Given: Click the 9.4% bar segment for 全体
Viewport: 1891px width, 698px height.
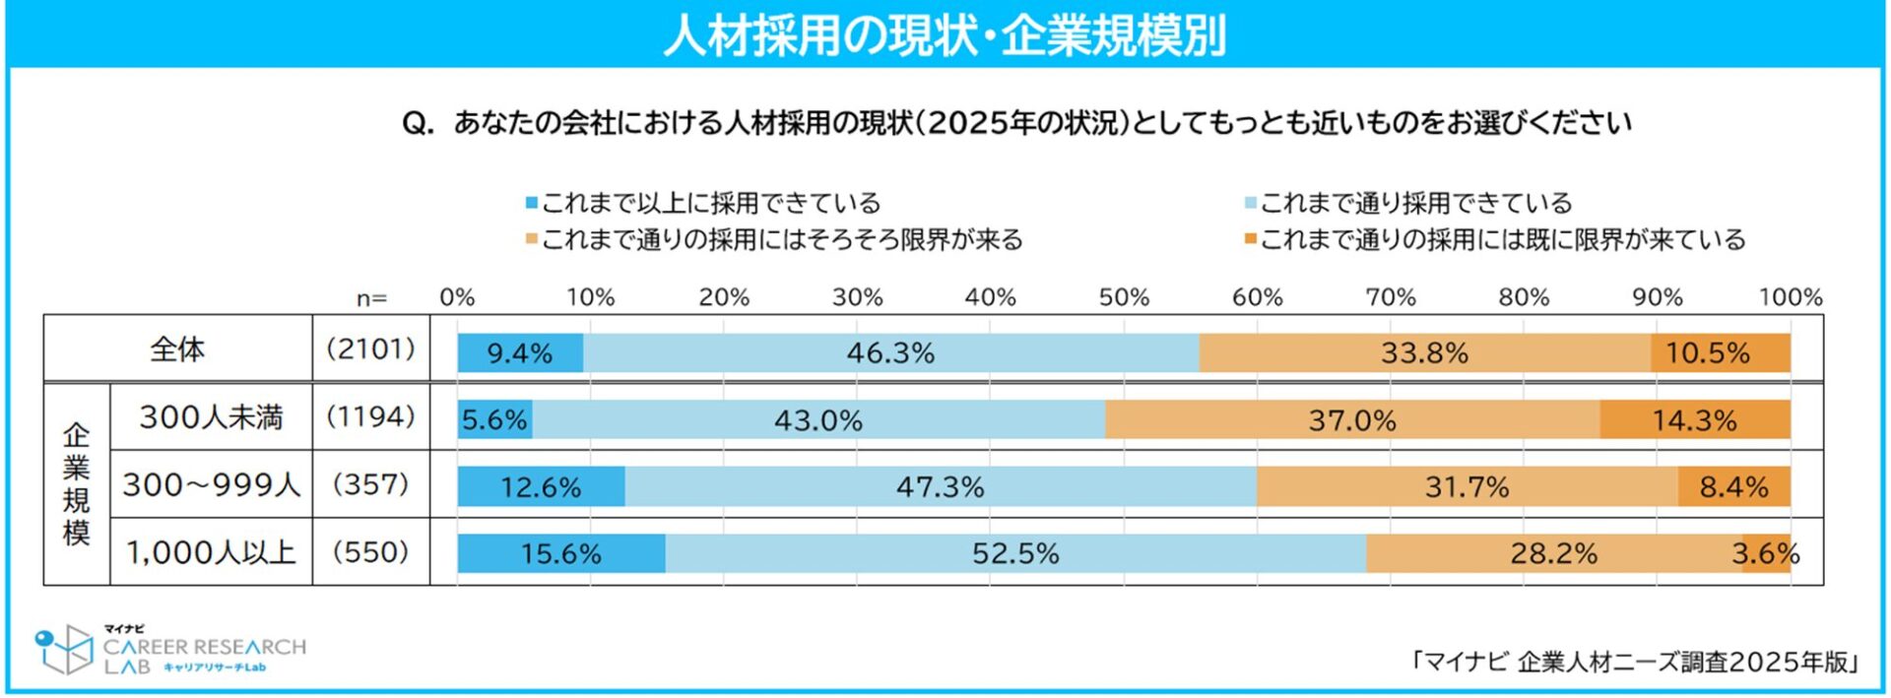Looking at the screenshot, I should tap(520, 353).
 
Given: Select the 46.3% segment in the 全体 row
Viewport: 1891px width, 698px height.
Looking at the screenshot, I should tap(890, 353).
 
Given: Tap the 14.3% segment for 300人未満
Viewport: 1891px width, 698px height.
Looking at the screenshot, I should tap(1694, 420).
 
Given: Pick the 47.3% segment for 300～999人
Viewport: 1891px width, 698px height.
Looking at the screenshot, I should tap(940, 487).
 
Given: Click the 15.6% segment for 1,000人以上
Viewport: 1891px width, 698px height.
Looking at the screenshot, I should tap(560, 553).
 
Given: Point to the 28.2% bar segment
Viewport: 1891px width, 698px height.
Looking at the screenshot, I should tap(1553, 553).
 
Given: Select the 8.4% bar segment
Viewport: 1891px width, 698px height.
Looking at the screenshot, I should tap(1733, 487).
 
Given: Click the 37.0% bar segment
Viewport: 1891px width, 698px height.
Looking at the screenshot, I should tap(1351, 420).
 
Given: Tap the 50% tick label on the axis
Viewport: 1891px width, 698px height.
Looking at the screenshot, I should tap(1124, 297).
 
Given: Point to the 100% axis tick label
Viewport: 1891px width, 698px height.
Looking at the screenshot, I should tap(1790, 297).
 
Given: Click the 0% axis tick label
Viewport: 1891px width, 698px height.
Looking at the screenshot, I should tap(457, 297).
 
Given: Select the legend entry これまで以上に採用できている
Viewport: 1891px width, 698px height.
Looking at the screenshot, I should tap(703, 204).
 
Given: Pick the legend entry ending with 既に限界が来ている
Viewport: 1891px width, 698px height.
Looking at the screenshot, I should tap(1495, 240).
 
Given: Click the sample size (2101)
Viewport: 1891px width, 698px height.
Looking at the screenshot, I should tap(370, 349).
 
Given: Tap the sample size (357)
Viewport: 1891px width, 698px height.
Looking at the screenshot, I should tap(370, 484).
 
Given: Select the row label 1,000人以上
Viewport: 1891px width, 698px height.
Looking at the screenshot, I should tap(211, 552).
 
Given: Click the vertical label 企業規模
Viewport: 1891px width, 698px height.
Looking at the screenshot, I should tap(76, 484).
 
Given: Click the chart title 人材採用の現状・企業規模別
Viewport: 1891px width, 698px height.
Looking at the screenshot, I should tap(945, 35).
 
